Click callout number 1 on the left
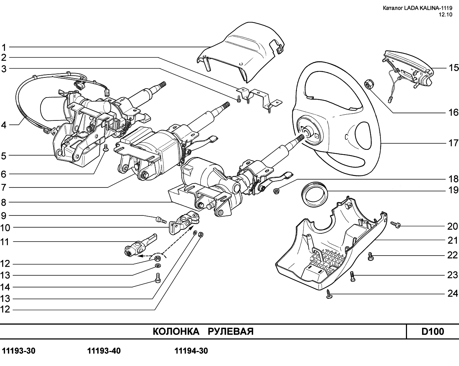pyautogui.click(x=4, y=47)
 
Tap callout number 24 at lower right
pyautogui.click(x=453, y=294)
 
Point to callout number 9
pyautogui.click(x=4, y=215)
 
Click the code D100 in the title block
pyautogui.click(x=432, y=332)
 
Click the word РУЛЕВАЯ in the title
pyautogui.click(x=231, y=332)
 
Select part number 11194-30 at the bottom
pyautogui.click(x=191, y=351)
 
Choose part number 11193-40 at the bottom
pyautogui.click(x=104, y=351)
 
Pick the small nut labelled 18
pyautogui.click(x=276, y=191)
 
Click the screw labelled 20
pyautogui.click(x=396, y=225)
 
